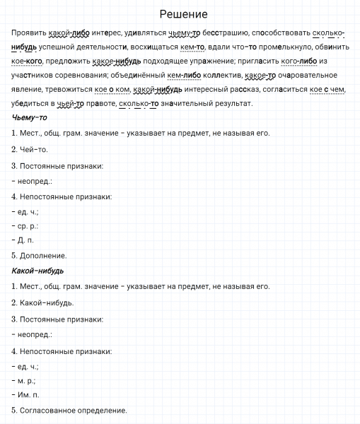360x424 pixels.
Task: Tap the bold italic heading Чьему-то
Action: (x=30, y=117)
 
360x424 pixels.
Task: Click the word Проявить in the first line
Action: (x=28, y=33)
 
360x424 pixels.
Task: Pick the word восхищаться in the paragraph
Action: (x=151, y=47)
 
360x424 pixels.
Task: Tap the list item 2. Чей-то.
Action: (x=30, y=149)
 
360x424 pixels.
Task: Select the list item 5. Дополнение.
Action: (x=40, y=255)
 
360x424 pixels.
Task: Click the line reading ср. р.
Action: (x=26, y=225)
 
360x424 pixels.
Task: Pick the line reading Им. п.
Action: (x=26, y=394)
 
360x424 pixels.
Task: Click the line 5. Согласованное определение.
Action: (x=69, y=410)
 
